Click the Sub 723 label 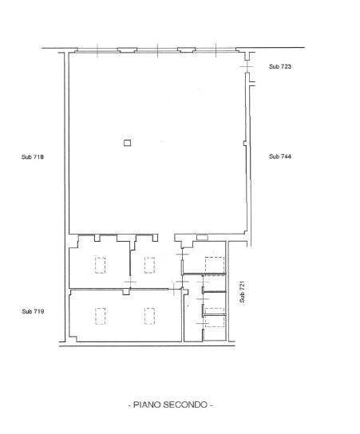(280, 66)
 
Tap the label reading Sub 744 (280, 156)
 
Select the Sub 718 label (33, 157)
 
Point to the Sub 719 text (33, 311)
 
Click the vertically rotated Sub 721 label (242, 292)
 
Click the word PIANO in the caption (147, 404)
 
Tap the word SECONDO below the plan (185, 404)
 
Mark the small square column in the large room (128, 143)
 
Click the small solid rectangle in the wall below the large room (202, 238)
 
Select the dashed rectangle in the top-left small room (100, 265)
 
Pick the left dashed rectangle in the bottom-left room (100, 316)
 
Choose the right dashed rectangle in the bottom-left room (149, 316)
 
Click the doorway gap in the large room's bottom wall (166, 235)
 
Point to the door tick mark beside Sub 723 (246, 67)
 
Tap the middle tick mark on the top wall (157, 50)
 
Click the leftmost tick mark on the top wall (97, 50)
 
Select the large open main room (157, 143)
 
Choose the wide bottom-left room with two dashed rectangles (125, 316)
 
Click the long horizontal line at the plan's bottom (147, 345)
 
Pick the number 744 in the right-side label (286, 156)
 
